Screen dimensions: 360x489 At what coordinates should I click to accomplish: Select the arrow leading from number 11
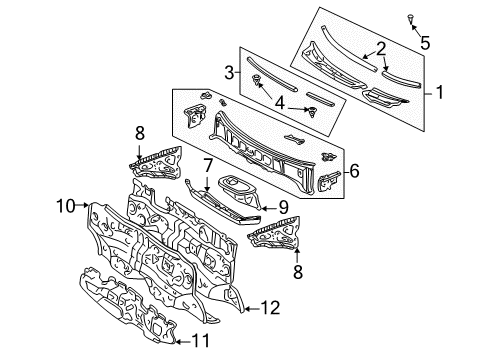[x=180, y=341]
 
